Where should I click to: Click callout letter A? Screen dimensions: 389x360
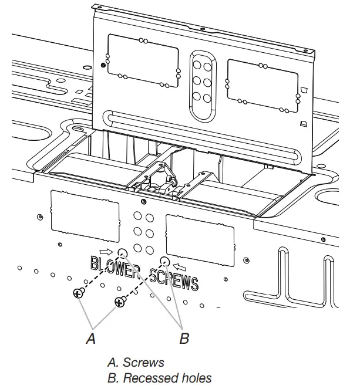point(90,339)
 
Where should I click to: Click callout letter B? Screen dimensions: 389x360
point(184,339)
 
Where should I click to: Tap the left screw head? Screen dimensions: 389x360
point(78,293)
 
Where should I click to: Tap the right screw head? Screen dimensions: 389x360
point(119,302)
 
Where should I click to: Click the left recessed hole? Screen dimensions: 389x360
point(122,253)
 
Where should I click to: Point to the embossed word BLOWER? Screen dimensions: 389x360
point(116,267)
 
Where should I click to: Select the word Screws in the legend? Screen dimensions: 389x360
point(143,362)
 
